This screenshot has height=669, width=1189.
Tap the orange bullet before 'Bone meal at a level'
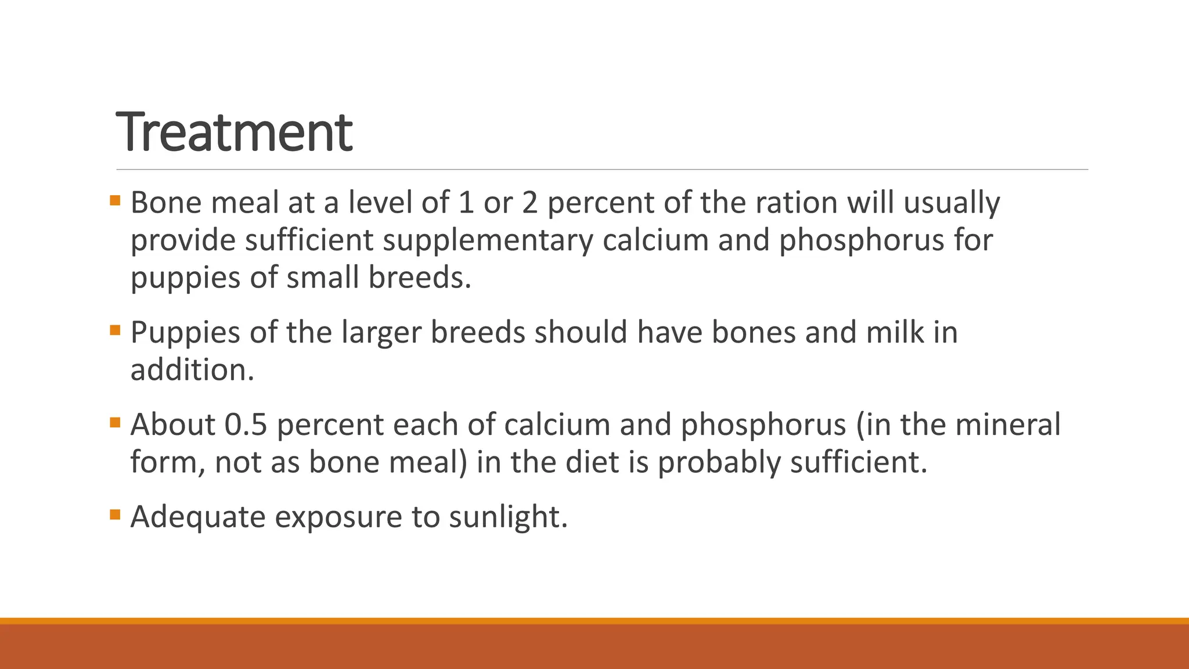(x=115, y=201)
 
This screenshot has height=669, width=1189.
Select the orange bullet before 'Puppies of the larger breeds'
(x=115, y=331)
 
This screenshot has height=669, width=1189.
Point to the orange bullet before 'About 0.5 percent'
(x=115, y=423)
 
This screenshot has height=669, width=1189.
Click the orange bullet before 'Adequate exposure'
(x=115, y=515)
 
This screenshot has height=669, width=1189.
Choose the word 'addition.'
(x=192, y=370)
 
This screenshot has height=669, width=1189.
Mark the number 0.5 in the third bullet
(x=246, y=425)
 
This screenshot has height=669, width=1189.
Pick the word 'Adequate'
(x=198, y=517)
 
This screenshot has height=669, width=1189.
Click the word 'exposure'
(x=338, y=517)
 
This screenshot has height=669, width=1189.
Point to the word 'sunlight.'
(x=508, y=517)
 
